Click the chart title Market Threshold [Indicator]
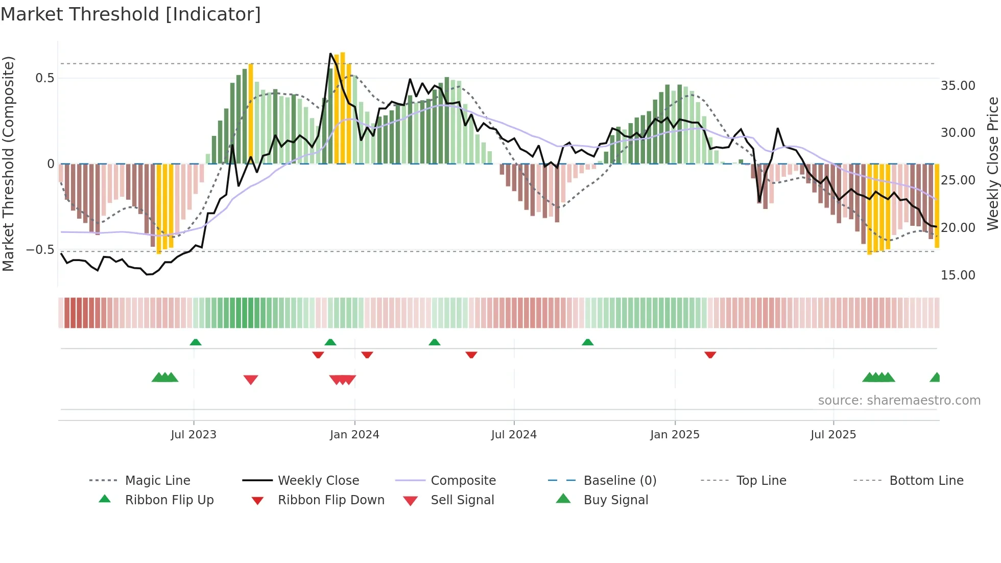click(131, 14)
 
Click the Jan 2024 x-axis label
click(354, 434)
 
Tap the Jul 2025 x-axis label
click(833, 434)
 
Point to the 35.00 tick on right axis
click(958, 85)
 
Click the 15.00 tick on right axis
click(958, 275)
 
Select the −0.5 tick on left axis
click(40, 249)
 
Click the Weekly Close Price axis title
click(992, 163)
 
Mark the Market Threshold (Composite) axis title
click(8, 163)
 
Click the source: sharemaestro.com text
click(899, 400)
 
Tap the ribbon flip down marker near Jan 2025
click(710, 355)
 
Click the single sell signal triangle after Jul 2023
click(251, 380)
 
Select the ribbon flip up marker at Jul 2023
click(196, 342)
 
